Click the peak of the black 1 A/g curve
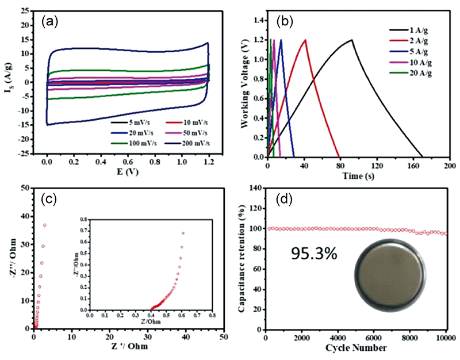(x=351, y=40)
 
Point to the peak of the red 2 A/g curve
(x=305, y=40)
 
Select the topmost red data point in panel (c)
(x=45, y=225)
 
